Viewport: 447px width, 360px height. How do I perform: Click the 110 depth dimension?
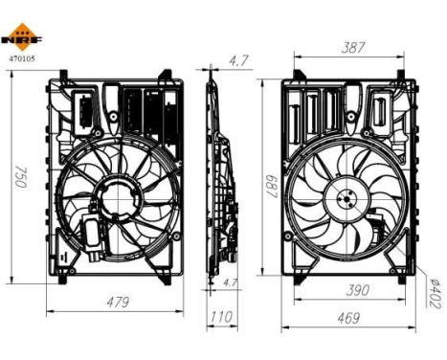point(220,316)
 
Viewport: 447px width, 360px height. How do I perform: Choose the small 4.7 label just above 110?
point(229,283)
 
